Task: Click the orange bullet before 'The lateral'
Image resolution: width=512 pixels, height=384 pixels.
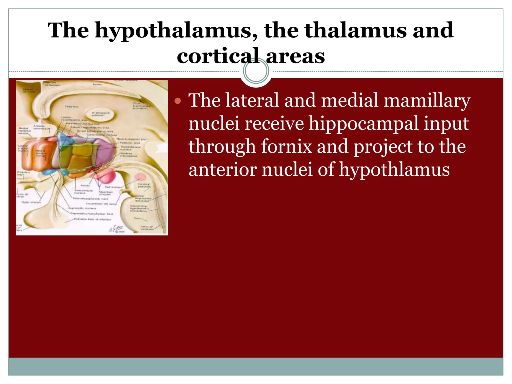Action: point(178,101)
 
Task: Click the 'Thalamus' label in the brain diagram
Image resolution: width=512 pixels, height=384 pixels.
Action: point(71,107)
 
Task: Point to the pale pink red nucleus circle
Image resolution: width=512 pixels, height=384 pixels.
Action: point(140,177)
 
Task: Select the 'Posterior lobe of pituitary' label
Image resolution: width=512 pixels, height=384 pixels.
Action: point(93,219)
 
